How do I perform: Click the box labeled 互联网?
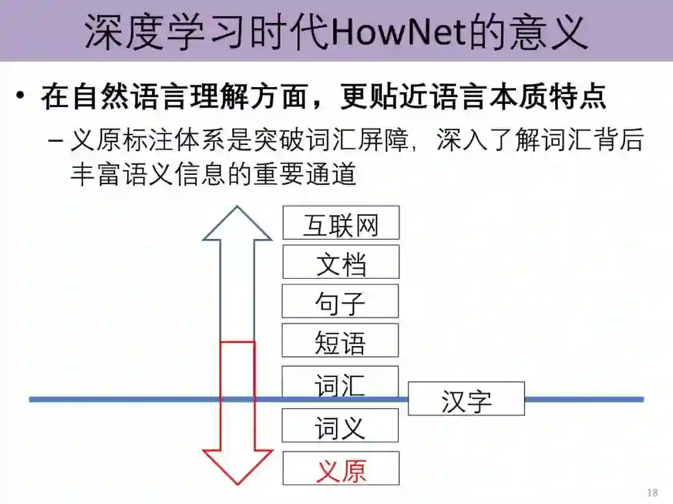coord(341,223)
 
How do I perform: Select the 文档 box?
coord(341,262)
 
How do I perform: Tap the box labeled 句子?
coord(340,301)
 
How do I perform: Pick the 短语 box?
coord(340,340)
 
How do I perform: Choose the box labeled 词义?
coord(340,426)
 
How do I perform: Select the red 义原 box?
coord(341,469)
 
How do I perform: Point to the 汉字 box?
coord(466,399)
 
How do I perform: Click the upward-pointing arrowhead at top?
coord(237,224)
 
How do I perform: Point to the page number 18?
coord(652,493)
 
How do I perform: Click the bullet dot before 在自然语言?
coord(21,96)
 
